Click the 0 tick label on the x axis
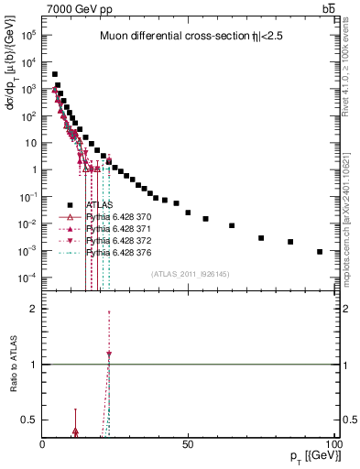pyautogui.click(x=42, y=443)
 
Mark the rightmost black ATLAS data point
pyautogui.click(x=320, y=251)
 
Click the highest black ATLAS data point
pyautogui.click(x=54, y=74)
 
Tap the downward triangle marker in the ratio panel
pyautogui.click(x=109, y=354)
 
